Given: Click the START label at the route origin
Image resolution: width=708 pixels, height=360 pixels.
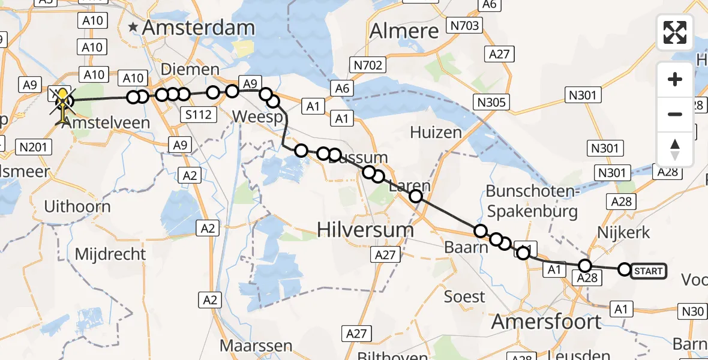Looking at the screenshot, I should point(649,271).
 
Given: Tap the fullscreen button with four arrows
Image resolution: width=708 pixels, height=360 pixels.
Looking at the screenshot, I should point(675,32).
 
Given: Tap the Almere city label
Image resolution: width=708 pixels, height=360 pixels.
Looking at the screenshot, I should point(404,31).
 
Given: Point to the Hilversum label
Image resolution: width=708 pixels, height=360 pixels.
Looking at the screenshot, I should point(365,230).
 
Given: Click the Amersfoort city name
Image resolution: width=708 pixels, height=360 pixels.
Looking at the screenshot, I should point(546,322).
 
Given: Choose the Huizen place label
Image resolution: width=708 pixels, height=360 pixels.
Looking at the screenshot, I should point(436,133).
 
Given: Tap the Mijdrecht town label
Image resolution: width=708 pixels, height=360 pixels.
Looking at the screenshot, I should point(110,254).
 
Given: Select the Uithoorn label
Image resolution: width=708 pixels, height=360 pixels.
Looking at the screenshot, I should point(77,207).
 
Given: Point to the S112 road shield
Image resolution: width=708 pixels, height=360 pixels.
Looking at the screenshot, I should point(199,114).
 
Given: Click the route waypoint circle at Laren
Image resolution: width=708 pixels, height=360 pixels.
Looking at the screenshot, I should point(415,196).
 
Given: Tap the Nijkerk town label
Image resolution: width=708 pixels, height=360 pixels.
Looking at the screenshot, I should point(624,232).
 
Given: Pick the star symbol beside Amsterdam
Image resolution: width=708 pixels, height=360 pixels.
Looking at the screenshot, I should point(133,27).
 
